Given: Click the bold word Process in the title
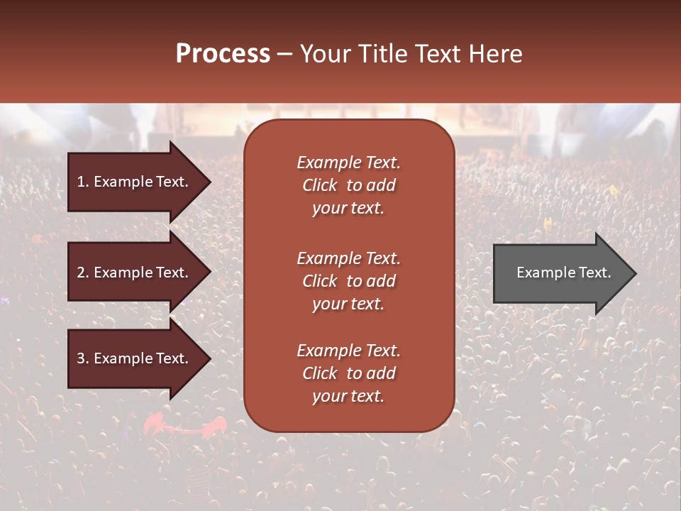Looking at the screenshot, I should pos(223,54).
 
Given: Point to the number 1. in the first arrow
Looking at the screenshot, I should pos(83,182).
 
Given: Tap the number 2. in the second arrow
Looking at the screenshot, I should pos(83,273).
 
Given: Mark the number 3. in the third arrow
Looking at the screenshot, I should pos(83,358).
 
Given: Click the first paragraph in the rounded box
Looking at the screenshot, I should pos(348,185).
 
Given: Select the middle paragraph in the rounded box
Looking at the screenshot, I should pos(348,281).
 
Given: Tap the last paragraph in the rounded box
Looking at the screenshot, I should pos(348,373).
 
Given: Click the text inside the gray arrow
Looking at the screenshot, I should pos(564,273).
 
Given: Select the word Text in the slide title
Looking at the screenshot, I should pos(438,54).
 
